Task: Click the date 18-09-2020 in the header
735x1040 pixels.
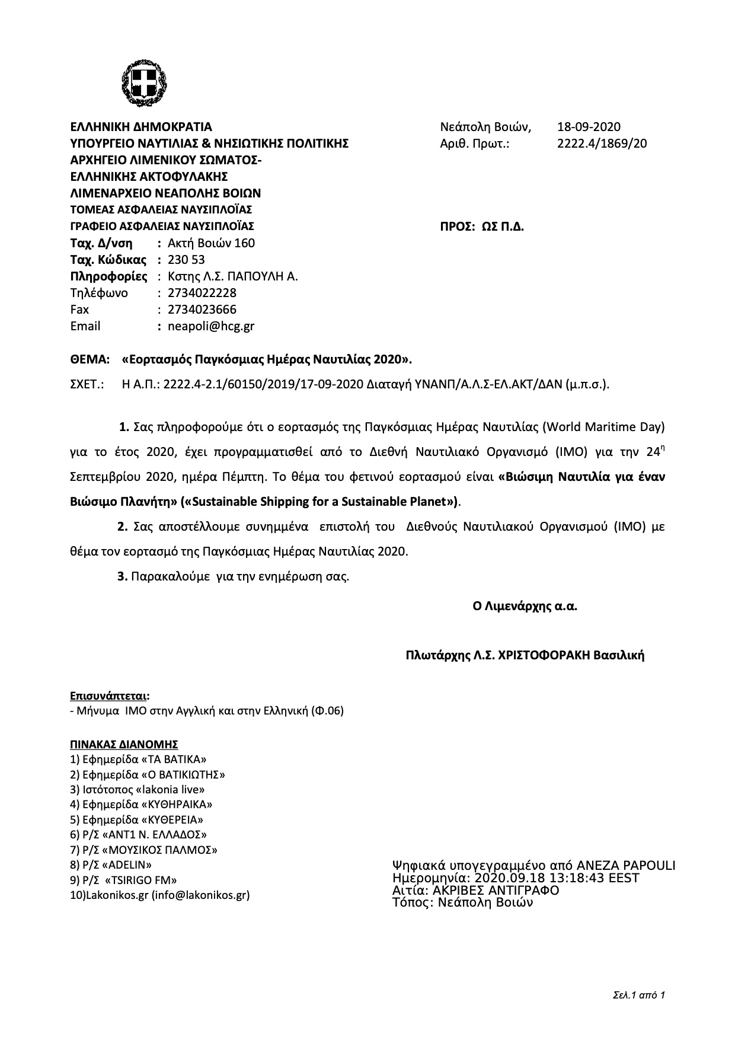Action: pyautogui.click(x=588, y=127)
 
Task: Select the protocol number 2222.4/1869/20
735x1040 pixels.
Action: pyautogui.click(x=602, y=143)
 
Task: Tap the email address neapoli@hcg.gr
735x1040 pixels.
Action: pyautogui.click(x=211, y=326)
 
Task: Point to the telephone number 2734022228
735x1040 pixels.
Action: pyautogui.click(x=202, y=293)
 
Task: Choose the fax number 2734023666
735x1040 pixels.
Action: pyautogui.click(x=202, y=310)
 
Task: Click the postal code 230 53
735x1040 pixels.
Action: pyautogui.click(x=186, y=260)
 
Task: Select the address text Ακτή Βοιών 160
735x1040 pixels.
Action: pyautogui.click(x=211, y=243)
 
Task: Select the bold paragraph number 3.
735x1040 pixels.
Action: pyautogui.click(x=122, y=576)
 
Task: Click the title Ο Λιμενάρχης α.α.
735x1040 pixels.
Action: pyautogui.click(x=525, y=607)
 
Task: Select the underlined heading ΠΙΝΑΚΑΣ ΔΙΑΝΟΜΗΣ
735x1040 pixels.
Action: pyautogui.click(x=124, y=745)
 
